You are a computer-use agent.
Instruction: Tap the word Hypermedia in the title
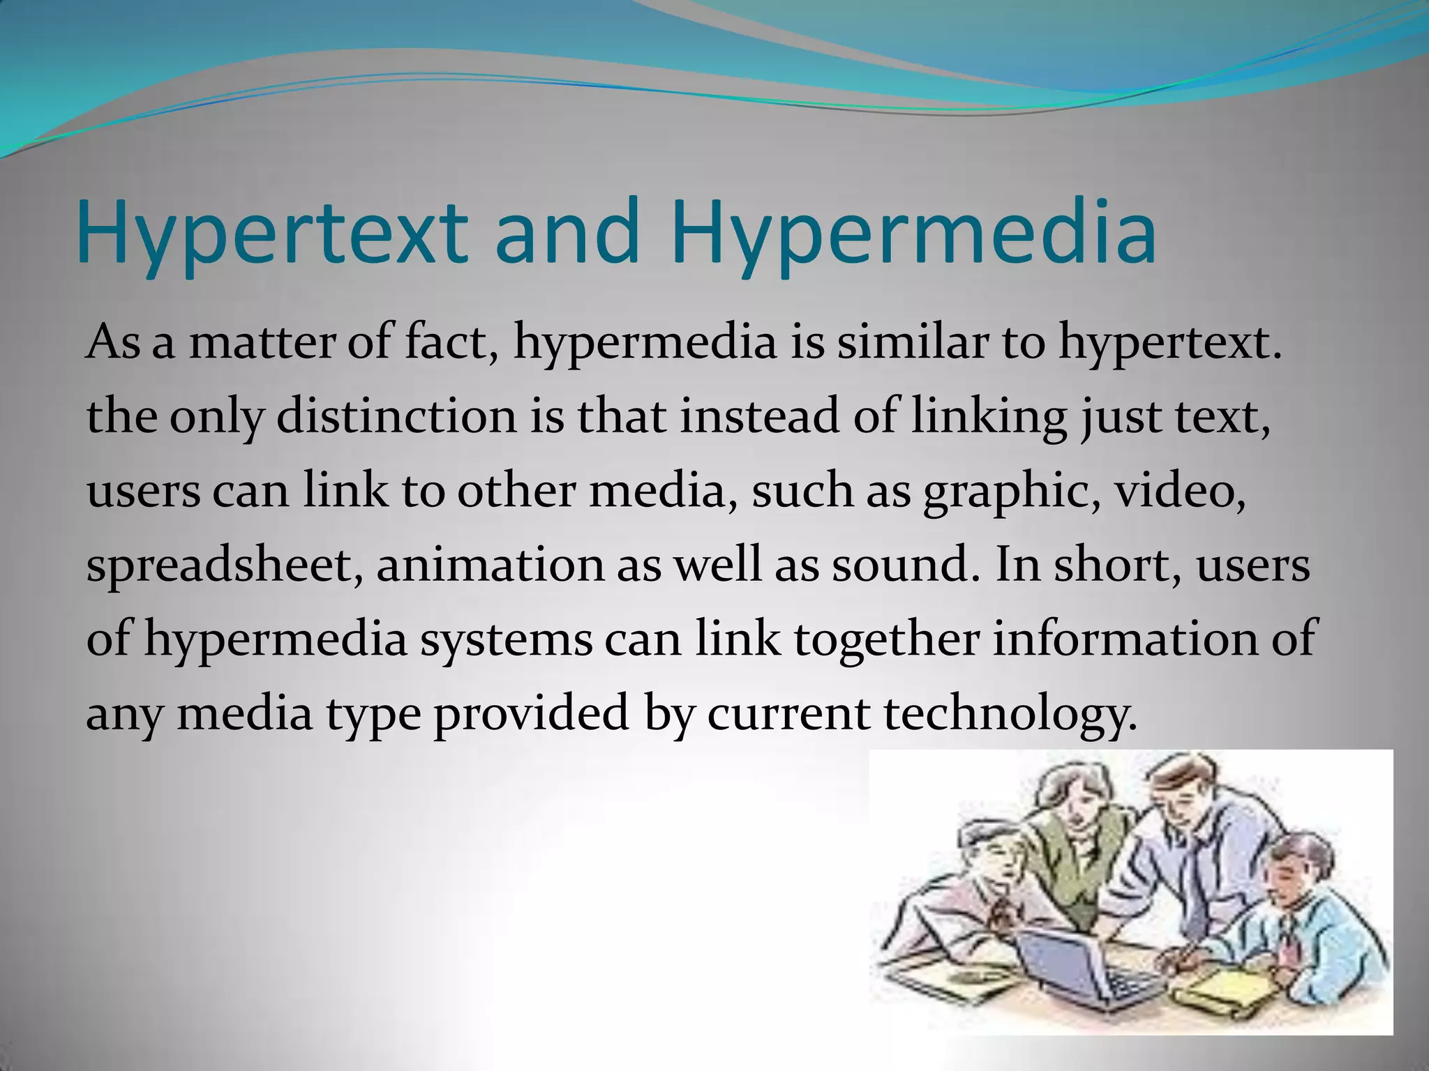click(x=913, y=231)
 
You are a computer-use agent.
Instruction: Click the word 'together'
click(x=886, y=641)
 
